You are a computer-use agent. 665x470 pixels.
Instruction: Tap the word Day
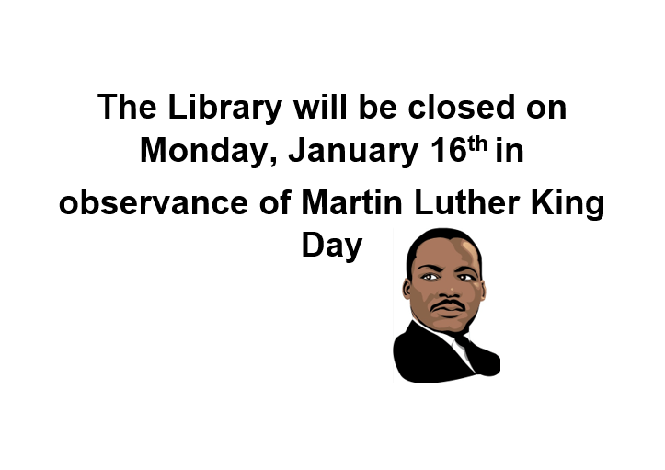pos(332,246)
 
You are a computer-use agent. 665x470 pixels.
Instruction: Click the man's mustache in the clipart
pos(448,304)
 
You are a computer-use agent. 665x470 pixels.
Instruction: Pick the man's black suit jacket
pos(423,359)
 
